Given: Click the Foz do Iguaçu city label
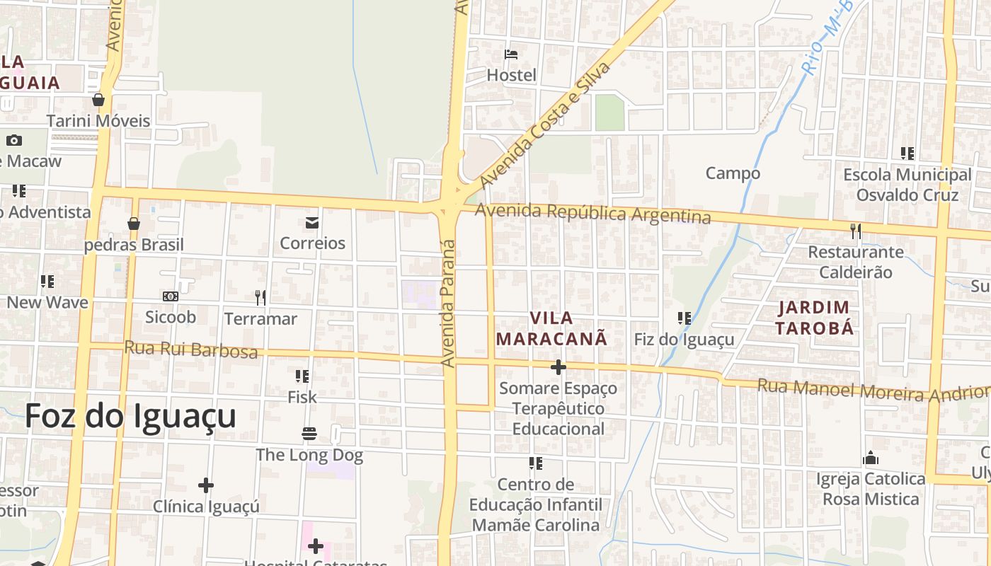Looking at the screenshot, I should (130, 416).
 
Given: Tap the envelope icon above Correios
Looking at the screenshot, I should (312, 224).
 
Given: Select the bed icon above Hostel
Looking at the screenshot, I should (511, 54).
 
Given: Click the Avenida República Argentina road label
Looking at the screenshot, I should (592, 213).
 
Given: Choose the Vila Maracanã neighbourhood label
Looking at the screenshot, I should (551, 328).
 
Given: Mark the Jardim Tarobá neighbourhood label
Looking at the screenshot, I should (813, 318).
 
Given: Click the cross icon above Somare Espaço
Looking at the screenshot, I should (558, 367).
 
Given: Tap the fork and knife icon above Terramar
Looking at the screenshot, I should (260, 298).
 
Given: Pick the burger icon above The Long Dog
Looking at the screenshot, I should (309, 433).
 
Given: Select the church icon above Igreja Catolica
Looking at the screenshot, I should (871, 458).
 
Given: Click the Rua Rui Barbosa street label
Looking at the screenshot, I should (191, 350).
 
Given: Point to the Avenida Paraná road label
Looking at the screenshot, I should (448, 304).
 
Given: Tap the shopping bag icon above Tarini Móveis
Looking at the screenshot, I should (98, 100).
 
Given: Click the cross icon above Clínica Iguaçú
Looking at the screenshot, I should (206, 485).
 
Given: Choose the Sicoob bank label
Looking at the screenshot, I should (171, 317).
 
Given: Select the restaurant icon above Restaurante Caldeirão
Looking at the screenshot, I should (856, 231).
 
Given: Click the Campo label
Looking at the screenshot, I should (733, 173).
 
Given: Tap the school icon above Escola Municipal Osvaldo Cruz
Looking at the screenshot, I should (907, 154).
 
